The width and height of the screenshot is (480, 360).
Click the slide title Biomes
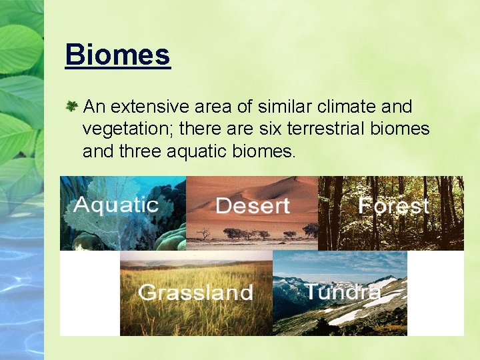point(118,55)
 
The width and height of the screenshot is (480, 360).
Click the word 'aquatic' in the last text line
point(203,151)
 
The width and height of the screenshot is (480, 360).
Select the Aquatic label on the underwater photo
point(116,205)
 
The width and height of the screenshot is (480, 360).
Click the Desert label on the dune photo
point(252,206)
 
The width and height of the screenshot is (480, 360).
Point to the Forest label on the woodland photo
point(393,205)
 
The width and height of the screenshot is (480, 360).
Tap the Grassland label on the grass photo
point(195,292)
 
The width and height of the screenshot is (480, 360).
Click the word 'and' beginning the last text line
point(98,151)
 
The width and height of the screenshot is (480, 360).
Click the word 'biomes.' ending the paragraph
point(266,151)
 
